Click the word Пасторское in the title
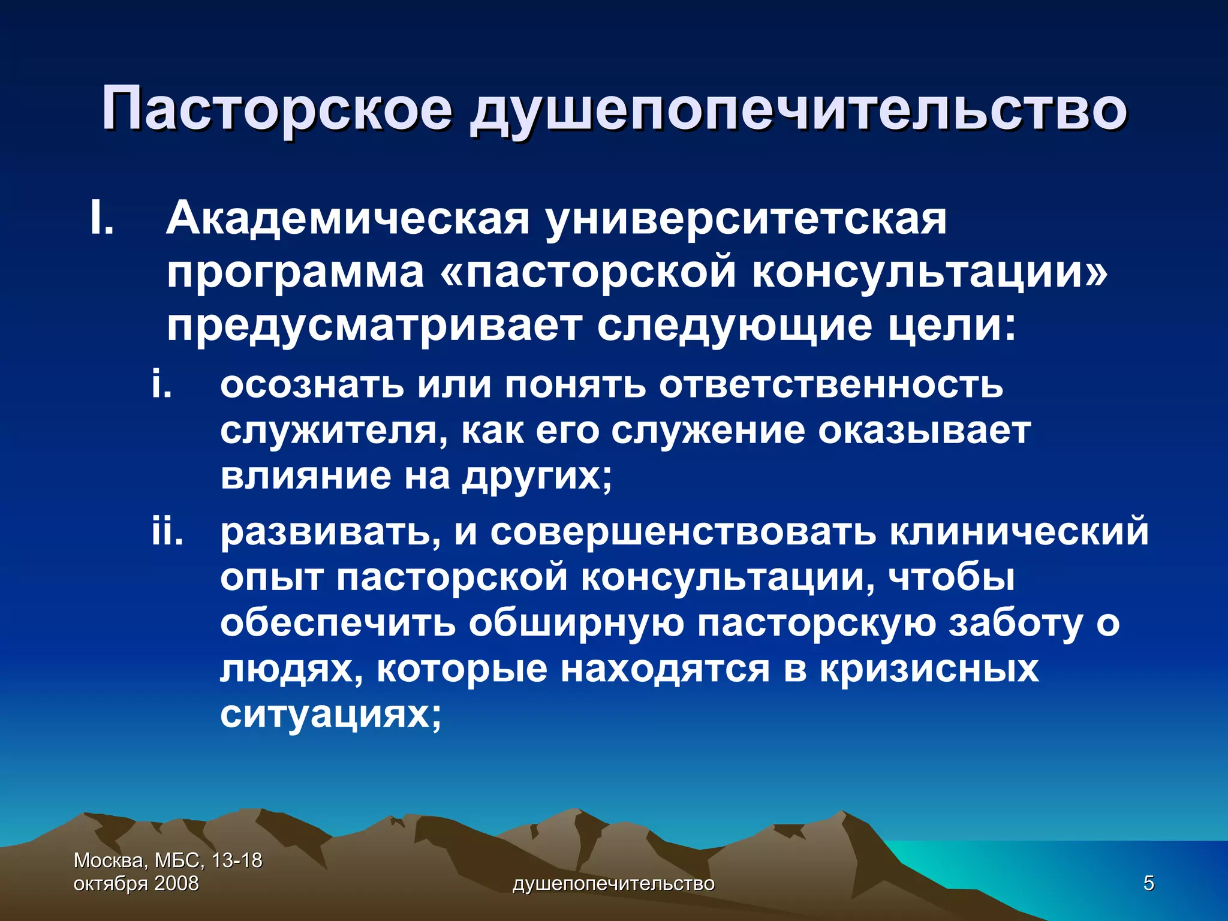276,110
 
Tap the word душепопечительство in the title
798,110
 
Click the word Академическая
348,219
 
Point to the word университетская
746,220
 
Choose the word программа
295,274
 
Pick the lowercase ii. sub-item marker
167,531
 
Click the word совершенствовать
683,531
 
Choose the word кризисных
929,669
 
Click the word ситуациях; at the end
330,714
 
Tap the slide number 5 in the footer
1148,883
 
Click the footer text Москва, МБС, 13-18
168,860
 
